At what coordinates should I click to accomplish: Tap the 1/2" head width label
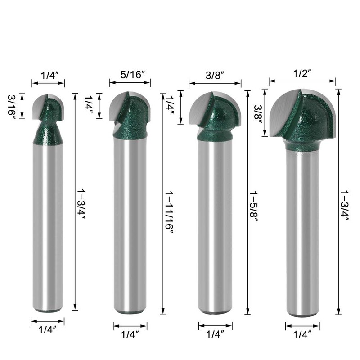pos(302,73)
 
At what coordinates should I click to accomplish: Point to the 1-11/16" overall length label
pos(169,213)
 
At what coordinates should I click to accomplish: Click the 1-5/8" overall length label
pos(253,207)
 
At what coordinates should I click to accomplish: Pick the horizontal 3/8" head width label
pos(215,75)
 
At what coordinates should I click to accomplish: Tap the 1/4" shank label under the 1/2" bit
pos(302,334)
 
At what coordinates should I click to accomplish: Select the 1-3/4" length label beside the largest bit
pos(344,205)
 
